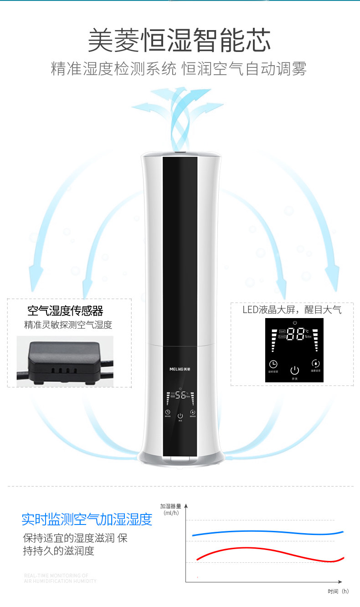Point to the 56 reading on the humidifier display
[180, 396]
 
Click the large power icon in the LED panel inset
[294, 370]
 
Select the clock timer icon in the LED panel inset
[273, 364]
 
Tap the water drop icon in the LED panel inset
[315, 364]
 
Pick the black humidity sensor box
[64, 362]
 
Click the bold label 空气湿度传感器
[65, 311]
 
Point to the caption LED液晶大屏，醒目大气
[292, 310]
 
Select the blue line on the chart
[264, 532]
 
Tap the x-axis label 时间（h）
[338, 592]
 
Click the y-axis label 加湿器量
[170, 506]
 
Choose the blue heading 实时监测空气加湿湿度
[87, 519]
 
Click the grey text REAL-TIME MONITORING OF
[56, 576]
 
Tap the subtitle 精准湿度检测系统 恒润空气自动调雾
[179, 69]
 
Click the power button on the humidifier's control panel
[180, 416]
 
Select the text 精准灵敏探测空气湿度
[68, 325]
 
